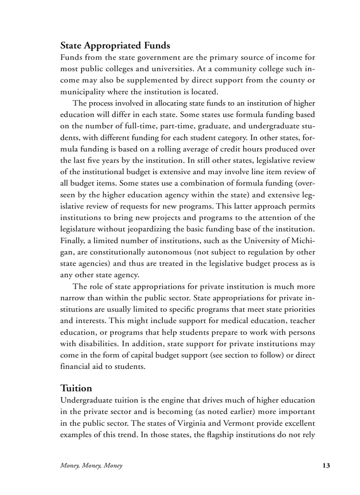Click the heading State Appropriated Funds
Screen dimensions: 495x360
click(115, 45)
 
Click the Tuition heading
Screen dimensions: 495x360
click(76, 388)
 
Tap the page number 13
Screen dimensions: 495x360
click(326, 465)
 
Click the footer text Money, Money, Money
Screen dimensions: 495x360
click(91, 465)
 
